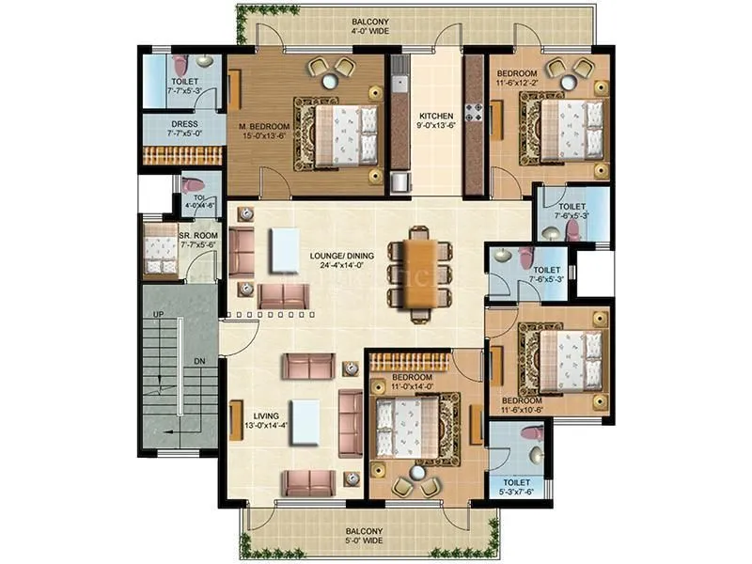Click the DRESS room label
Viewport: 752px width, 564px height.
click(182, 124)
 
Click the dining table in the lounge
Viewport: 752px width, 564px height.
click(414, 272)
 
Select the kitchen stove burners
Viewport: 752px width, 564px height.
click(476, 116)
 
